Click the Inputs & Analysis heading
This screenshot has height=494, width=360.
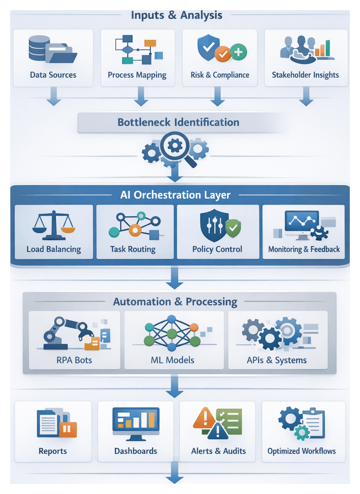point(176,15)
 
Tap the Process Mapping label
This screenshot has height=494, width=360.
point(137,75)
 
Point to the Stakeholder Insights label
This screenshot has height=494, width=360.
point(305,75)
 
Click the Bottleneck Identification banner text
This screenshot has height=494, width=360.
point(178,122)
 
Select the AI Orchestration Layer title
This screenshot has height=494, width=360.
point(175,195)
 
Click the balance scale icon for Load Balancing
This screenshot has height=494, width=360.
point(53,225)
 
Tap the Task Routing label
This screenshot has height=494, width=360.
point(133,249)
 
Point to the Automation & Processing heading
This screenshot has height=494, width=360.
point(175,302)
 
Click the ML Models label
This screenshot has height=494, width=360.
point(174,360)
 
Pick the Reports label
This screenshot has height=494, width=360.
point(53,451)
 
